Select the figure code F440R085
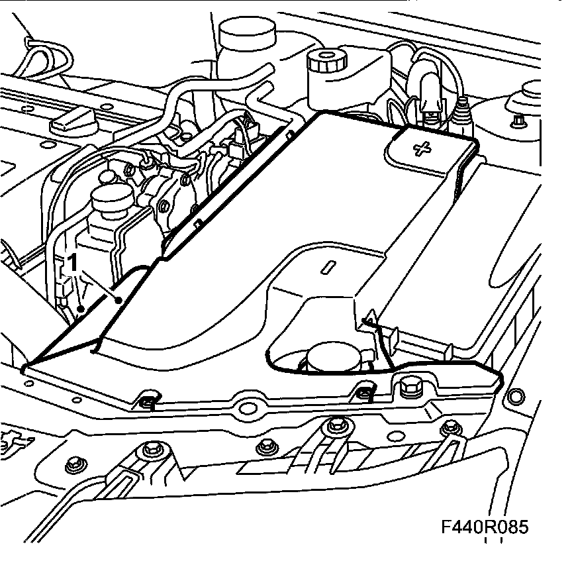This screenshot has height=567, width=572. [486, 527]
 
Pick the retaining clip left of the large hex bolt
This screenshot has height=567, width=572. [363, 393]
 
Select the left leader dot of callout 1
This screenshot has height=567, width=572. [79, 309]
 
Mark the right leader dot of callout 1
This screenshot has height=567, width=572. [118, 301]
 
